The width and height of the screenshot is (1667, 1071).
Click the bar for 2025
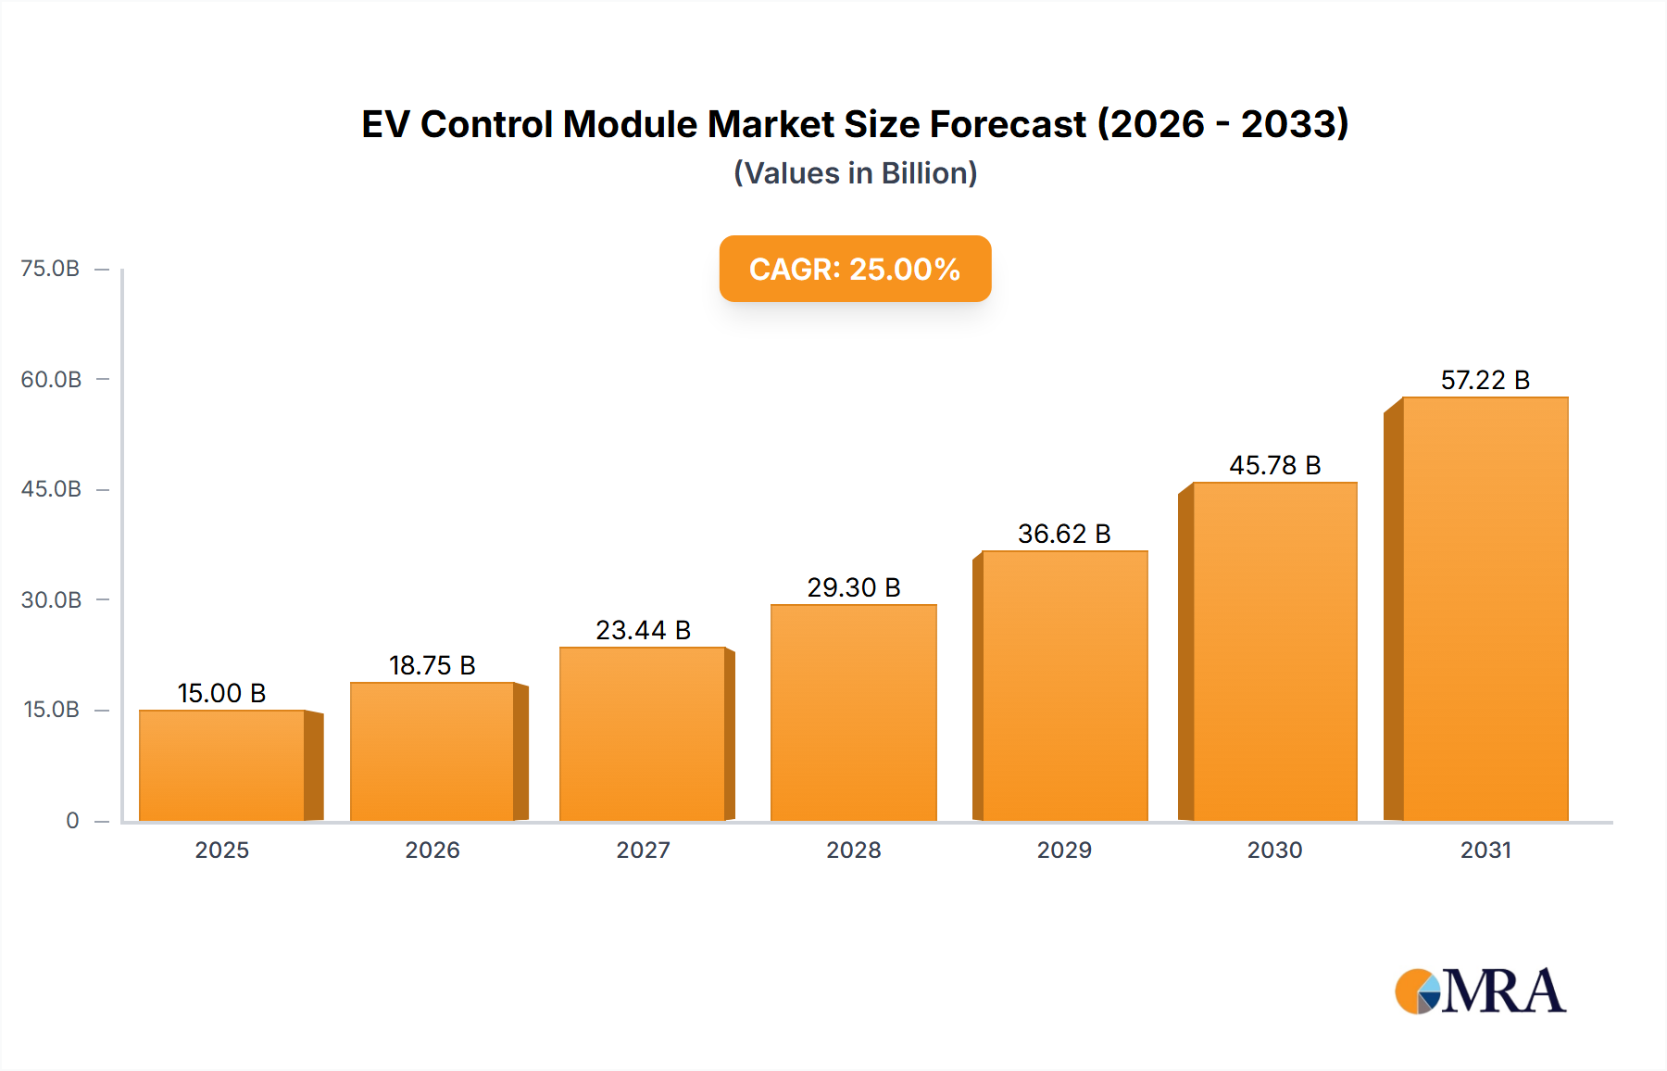pos(222,765)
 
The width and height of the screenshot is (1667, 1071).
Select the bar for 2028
pos(853,712)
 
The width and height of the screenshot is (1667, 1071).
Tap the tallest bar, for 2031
pos(1485,609)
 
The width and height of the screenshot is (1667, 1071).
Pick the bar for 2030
pos(1274,651)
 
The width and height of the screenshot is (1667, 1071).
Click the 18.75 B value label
pos(432,665)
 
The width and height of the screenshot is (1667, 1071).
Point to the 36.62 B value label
pos(1064,534)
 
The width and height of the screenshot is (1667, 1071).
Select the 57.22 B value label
pos(1485,380)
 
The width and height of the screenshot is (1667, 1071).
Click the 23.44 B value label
pos(643,630)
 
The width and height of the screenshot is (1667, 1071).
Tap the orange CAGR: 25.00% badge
pos(855,269)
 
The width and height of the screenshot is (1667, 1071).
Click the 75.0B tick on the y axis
pos(50,269)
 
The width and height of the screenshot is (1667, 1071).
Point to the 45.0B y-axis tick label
pos(51,489)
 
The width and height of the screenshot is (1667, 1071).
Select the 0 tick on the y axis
pos(72,820)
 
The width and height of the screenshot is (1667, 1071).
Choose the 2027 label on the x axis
pos(643,850)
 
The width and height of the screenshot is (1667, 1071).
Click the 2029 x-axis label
pos(1064,850)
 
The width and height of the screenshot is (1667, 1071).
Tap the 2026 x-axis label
pos(432,850)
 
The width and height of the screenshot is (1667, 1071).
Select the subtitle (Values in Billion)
pos(855,173)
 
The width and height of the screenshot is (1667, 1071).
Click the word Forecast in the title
pos(1008,124)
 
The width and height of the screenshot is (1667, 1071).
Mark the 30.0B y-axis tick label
pos(51,599)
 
